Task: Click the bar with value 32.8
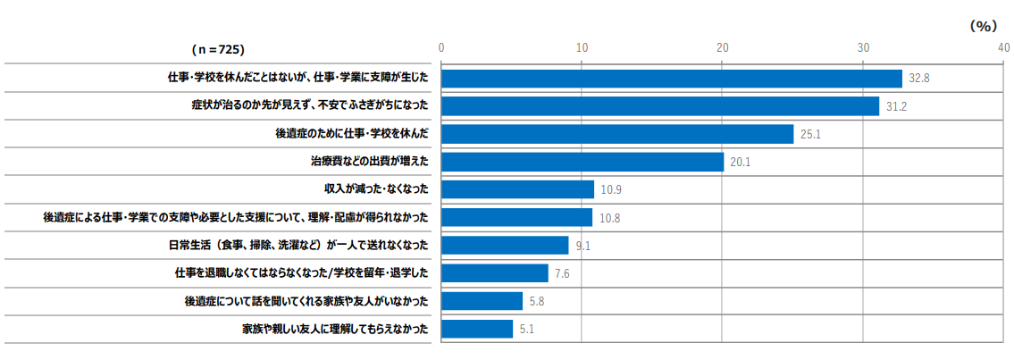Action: [672, 79]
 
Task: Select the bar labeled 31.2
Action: [660, 106]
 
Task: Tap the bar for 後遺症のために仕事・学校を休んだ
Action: [617, 134]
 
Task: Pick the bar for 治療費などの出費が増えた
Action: [582, 162]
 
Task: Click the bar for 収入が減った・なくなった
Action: [518, 189]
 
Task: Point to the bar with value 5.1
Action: [477, 329]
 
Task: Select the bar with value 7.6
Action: [495, 273]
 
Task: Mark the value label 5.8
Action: [537, 301]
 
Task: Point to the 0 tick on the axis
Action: [441, 47]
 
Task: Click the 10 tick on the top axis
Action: [582, 47]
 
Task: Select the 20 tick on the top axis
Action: [722, 47]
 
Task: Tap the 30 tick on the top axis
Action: [862, 47]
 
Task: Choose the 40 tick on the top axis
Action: [1002, 47]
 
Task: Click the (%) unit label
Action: [983, 27]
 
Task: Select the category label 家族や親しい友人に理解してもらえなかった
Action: [335, 329]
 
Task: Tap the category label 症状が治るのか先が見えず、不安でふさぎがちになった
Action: [310, 106]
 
